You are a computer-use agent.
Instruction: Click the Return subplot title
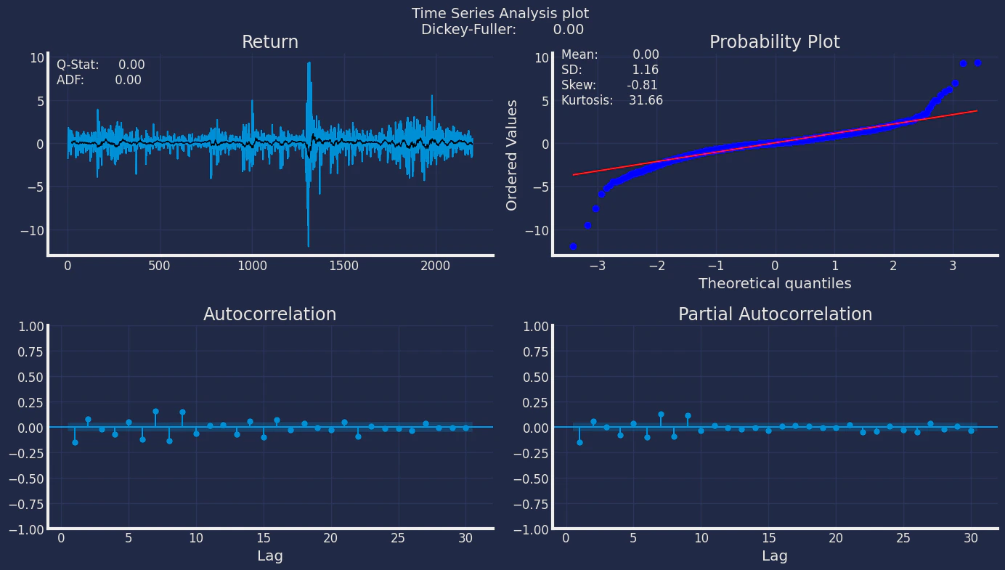[270, 42]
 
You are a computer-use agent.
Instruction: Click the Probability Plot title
[774, 42]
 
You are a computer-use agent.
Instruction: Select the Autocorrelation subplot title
[269, 314]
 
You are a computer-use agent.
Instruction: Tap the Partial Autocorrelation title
[775, 314]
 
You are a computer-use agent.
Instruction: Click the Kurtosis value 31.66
[646, 101]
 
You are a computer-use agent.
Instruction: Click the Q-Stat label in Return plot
[78, 65]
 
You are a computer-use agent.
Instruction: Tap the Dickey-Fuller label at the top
[468, 30]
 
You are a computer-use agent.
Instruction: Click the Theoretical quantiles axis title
[775, 284]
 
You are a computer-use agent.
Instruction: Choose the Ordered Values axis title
[512, 155]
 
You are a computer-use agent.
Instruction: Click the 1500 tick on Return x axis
[343, 266]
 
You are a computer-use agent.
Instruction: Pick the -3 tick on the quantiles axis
[597, 266]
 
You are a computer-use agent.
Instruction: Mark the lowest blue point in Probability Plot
[573, 247]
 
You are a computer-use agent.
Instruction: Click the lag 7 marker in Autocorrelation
[155, 411]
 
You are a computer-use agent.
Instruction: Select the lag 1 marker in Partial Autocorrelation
[579, 442]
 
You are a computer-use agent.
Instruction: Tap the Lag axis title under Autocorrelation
[269, 556]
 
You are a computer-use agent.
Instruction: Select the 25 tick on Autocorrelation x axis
[397, 538]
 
